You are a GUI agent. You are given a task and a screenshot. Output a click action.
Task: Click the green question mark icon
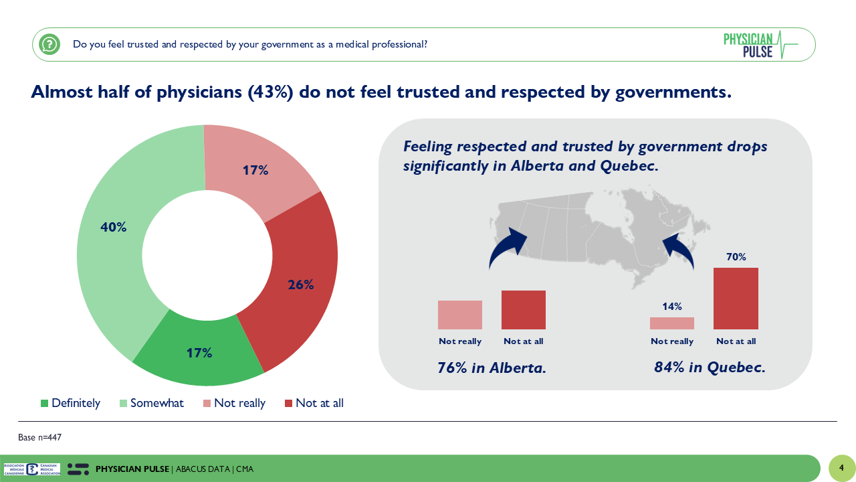point(49,45)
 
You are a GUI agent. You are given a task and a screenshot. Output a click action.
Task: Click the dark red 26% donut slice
point(300,285)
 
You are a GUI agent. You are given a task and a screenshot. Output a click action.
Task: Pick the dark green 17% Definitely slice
point(199,353)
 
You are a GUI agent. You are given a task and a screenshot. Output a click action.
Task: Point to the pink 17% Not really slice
point(255,171)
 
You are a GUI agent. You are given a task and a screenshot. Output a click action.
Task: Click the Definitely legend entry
point(70,403)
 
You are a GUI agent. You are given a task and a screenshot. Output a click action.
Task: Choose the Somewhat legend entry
point(150,403)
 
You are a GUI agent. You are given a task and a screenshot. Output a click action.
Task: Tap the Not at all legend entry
point(314,403)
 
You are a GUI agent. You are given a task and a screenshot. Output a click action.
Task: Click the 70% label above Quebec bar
point(736,257)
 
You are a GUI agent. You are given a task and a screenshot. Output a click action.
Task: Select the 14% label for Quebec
point(672,307)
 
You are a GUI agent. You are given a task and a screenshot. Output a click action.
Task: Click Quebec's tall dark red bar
point(736,299)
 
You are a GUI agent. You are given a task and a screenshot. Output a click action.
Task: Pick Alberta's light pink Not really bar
point(460,315)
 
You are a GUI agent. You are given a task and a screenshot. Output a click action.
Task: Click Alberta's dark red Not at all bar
point(524,310)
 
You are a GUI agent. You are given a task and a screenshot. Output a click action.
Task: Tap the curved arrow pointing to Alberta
point(508,246)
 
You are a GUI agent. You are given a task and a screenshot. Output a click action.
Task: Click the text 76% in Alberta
point(492,368)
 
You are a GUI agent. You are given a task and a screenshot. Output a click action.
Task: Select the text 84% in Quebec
point(710,368)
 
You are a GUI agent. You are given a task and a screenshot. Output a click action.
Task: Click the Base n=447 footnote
point(40,438)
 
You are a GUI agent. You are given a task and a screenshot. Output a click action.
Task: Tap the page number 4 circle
point(841,468)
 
